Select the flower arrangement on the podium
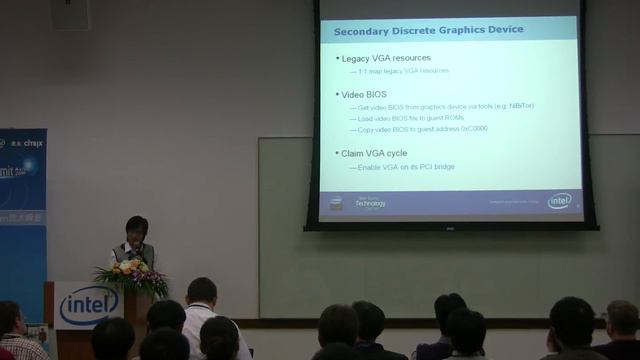coord(131,277)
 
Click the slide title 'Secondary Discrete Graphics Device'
coord(428,30)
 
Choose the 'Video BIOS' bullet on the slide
coord(364,94)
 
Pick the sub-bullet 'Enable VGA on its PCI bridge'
coord(406,166)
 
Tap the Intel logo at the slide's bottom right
coord(560,201)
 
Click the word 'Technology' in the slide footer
coord(370,202)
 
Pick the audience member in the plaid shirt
coord(14,335)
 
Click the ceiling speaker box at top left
coord(70,13)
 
